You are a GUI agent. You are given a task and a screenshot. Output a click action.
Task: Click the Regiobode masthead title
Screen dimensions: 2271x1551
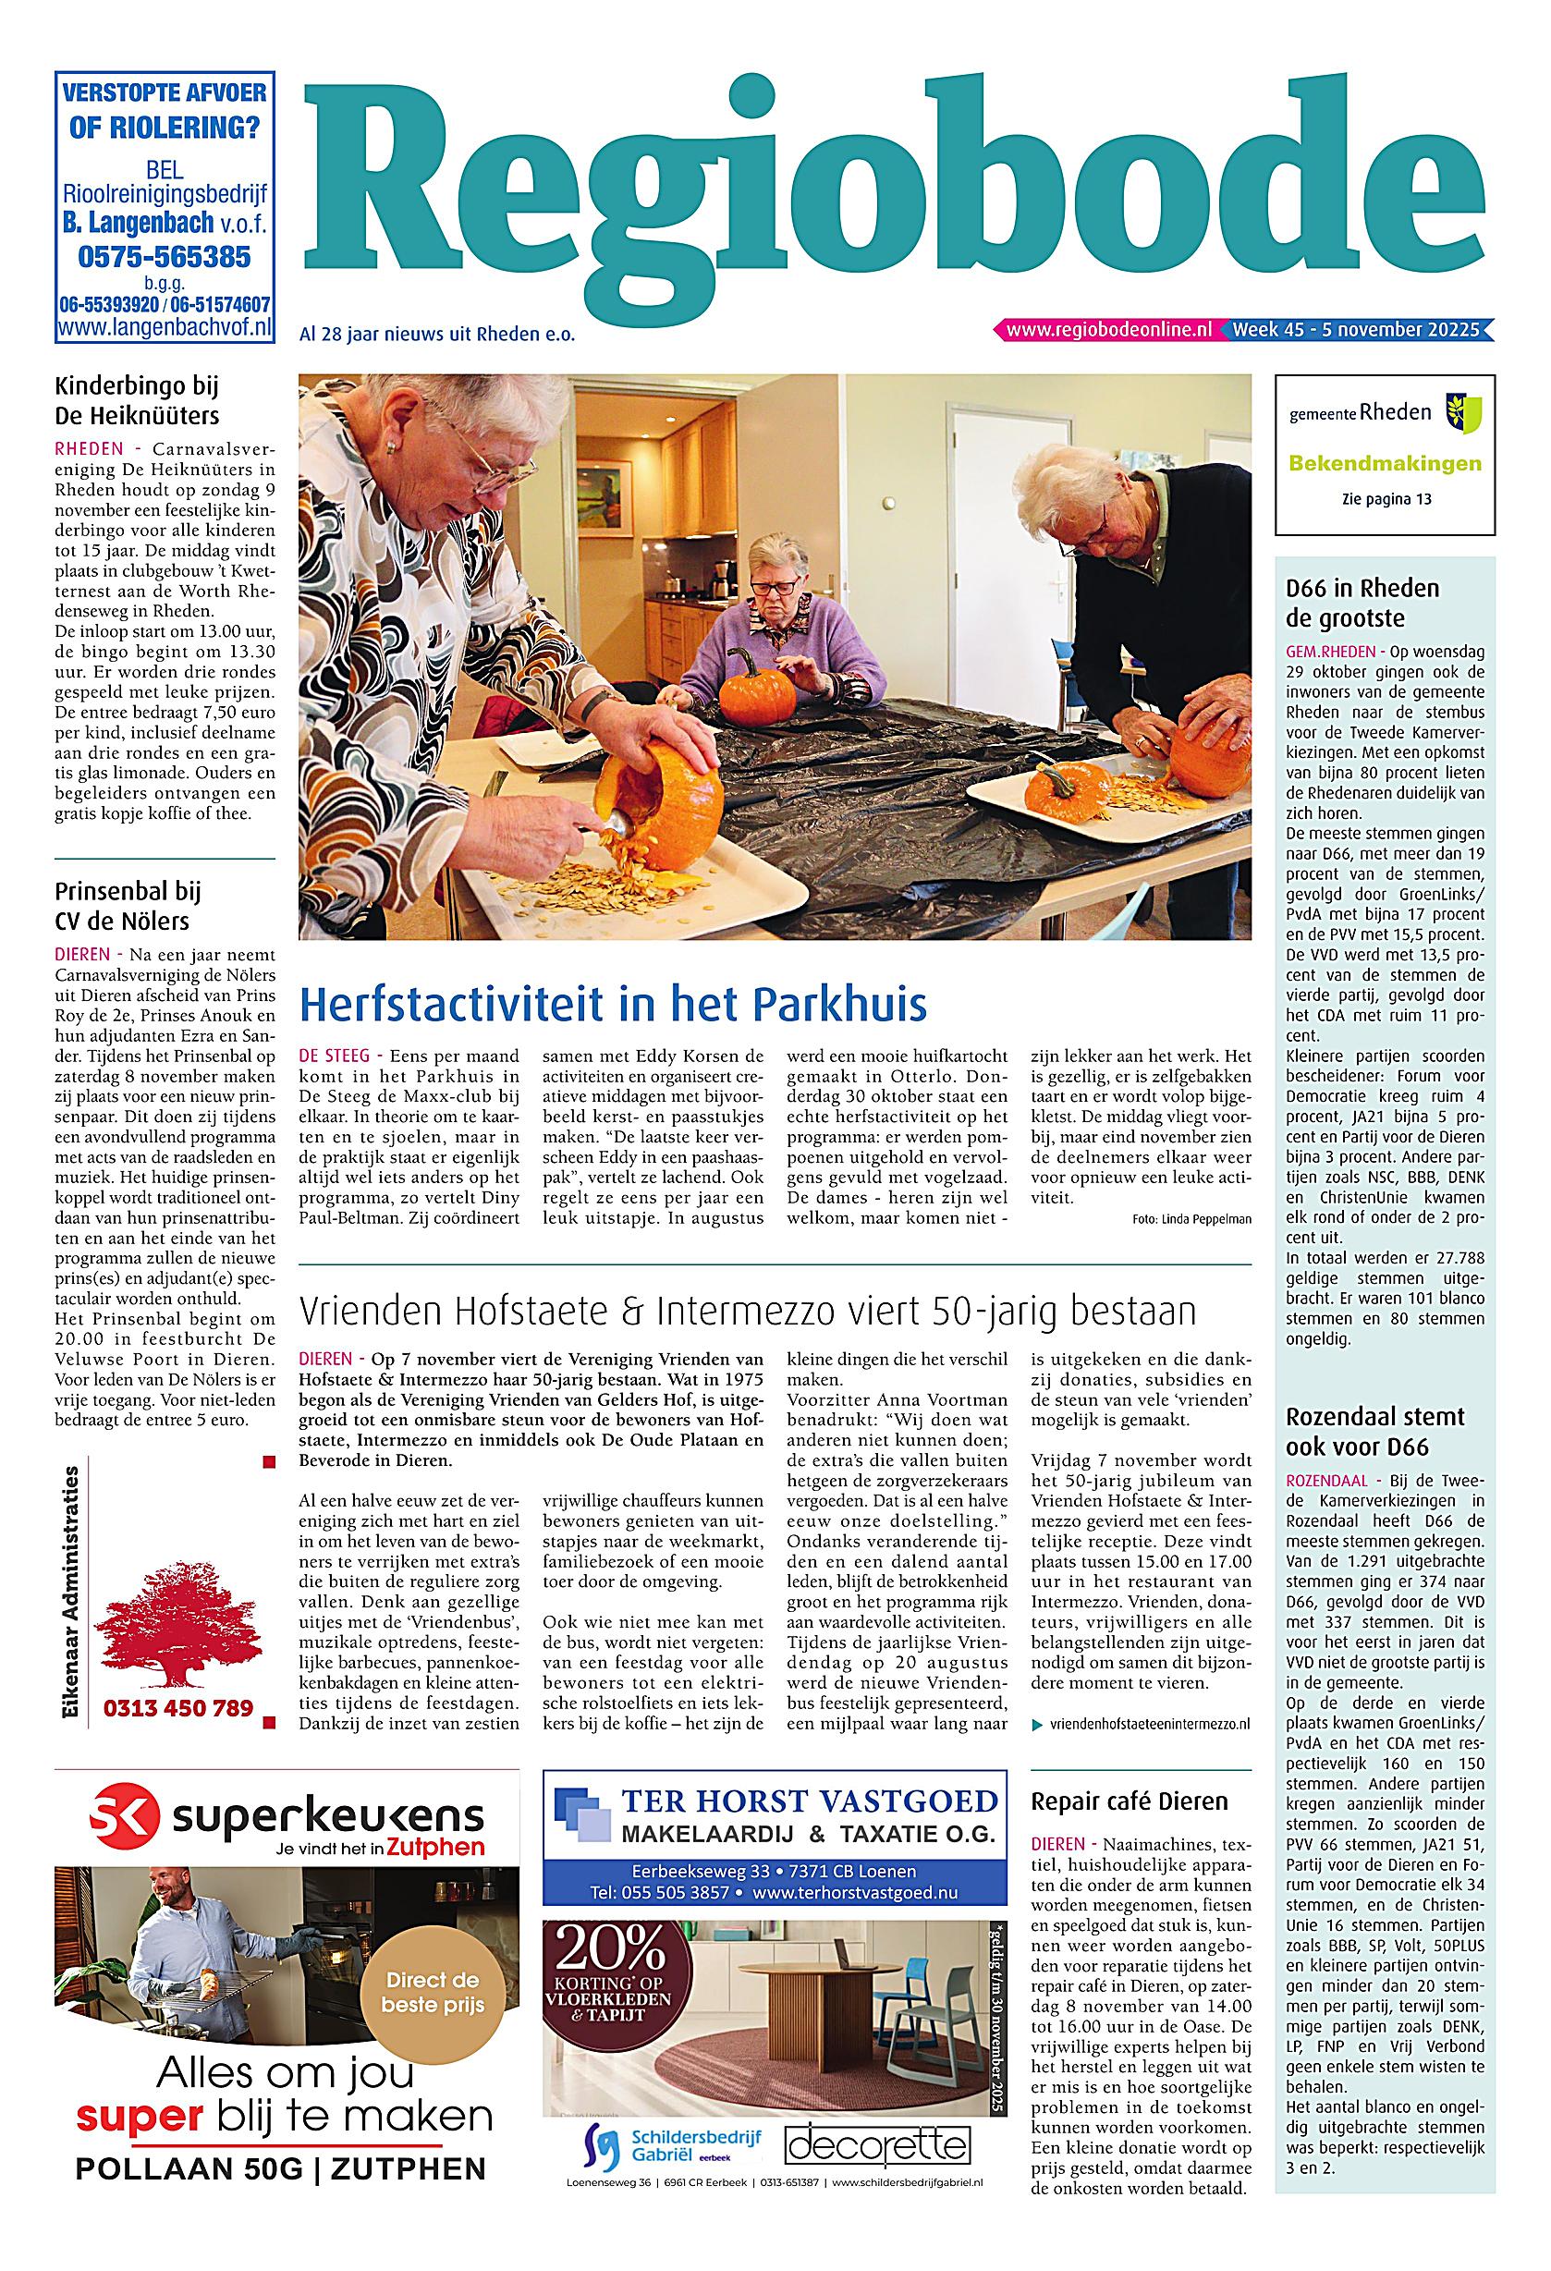[x=899, y=186]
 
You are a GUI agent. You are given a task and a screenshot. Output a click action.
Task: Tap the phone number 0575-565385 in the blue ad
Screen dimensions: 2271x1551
[x=165, y=257]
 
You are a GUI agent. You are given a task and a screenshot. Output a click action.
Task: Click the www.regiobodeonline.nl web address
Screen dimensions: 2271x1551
[x=1108, y=330]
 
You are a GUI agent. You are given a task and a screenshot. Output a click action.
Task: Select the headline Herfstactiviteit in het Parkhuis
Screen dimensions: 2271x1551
[x=613, y=1003]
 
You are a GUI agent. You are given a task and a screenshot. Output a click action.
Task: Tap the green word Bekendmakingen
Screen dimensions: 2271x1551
[x=1385, y=463]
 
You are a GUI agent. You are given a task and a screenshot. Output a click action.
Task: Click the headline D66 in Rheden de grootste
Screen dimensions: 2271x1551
[x=1362, y=603]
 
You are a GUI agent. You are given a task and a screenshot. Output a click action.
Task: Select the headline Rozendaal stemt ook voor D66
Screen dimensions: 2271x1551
[x=1374, y=1432]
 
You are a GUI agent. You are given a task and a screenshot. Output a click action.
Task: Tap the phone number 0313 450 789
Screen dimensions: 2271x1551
[x=178, y=1708]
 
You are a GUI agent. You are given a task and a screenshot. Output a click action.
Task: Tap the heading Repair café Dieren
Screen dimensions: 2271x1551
[x=1129, y=1801]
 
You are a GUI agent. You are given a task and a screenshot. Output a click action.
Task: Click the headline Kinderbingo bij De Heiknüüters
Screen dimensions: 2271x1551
[x=137, y=400]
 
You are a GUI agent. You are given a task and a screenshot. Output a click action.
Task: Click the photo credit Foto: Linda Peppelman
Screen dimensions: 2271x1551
[x=1191, y=1218]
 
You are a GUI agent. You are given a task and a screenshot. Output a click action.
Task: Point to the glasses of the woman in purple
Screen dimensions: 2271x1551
[x=775, y=585]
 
